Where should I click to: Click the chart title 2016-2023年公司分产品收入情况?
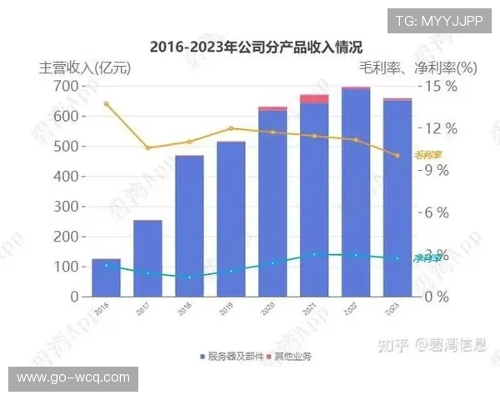[x=250, y=47]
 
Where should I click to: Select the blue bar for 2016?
[x=106, y=277]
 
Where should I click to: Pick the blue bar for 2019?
[x=231, y=219]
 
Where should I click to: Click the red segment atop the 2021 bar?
[x=314, y=99]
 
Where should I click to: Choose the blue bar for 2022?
[x=356, y=192]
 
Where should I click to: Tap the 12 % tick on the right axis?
[x=439, y=128]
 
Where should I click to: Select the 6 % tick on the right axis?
[x=439, y=212]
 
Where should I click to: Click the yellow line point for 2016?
[x=106, y=103]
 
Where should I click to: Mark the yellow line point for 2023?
[x=397, y=155]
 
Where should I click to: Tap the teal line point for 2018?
[x=189, y=277]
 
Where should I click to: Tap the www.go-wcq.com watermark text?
[x=73, y=377]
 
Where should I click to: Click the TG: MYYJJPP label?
[x=438, y=21]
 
